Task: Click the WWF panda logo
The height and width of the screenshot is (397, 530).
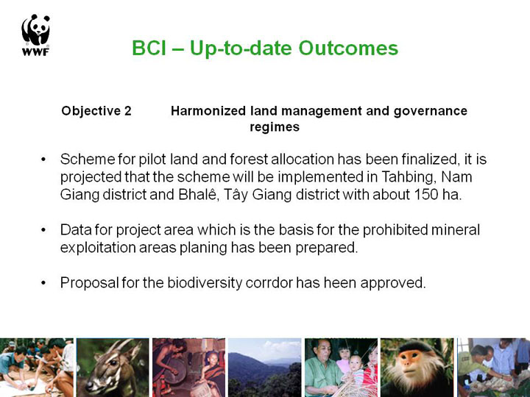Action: pyautogui.click(x=35, y=35)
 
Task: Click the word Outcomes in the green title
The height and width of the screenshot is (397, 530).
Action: pyautogui.click(x=348, y=48)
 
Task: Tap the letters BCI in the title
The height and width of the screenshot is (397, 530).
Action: pyautogui.click(x=149, y=48)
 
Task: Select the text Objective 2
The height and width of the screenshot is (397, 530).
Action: pyautogui.click(x=96, y=111)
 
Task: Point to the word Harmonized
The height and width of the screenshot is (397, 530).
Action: pyautogui.click(x=208, y=111)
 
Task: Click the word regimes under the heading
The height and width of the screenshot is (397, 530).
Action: pyautogui.click(x=275, y=127)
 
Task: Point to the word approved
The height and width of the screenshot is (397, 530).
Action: pyautogui.click(x=393, y=283)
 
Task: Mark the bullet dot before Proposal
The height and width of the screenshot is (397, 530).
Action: pyautogui.click(x=43, y=283)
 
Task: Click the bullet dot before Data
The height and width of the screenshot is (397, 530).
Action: pyautogui.click(x=43, y=230)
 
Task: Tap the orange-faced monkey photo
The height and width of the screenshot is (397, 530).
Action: pyautogui.click(x=417, y=368)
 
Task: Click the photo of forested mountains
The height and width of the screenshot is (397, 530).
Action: pyautogui.click(x=265, y=368)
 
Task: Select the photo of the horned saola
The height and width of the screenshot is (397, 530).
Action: pyautogui.click(x=113, y=368)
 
